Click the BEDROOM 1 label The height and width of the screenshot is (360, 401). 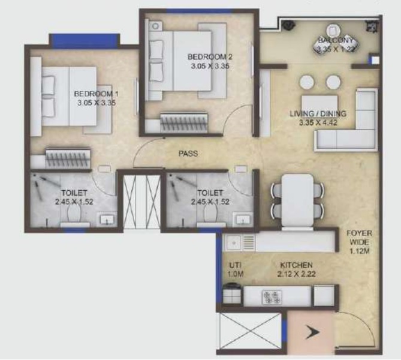pyautogui.click(x=96, y=94)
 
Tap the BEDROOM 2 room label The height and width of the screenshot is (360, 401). pyautogui.click(x=210, y=57)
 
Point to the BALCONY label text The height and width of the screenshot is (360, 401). pyautogui.click(x=336, y=40)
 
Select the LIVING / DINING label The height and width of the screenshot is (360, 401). pyautogui.click(x=318, y=113)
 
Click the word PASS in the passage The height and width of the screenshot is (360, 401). pyautogui.click(x=188, y=154)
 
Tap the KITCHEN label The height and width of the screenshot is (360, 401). pyautogui.click(x=296, y=265)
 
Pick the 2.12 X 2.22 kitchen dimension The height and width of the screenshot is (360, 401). pyautogui.click(x=296, y=274)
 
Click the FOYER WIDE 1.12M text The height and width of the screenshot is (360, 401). pyautogui.click(x=359, y=242)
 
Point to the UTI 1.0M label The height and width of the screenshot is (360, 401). pyautogui.click(x=236, y=269)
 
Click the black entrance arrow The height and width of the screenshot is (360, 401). pyautogui.click(x=312, y=332)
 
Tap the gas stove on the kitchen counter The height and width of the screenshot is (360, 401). pyautogui.click(x=272, y=297)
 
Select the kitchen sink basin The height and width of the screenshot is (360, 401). pyautogui.click(x=234, y=243)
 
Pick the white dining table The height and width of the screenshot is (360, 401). pyautogui.click(x=297, y=200)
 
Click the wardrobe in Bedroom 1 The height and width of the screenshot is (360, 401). pyautogui.click(x=68, y=158)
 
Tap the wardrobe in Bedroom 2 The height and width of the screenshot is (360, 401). pyautogui.click(x=184, y=123)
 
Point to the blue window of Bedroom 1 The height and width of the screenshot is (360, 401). pyautogui.click(x=85, y=41)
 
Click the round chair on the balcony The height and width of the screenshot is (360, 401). pyautogui.click(x=333, y=30)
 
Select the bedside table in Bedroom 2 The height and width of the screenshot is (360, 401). pyautogui.click(x=155, y=26)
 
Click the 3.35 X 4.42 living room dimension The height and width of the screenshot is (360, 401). pyautogui.click(x=318, y=122)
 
